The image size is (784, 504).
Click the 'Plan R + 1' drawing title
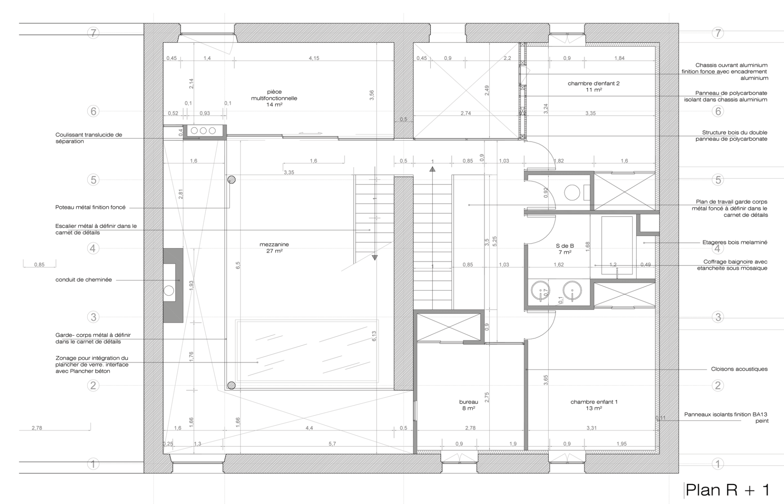pyautogui.click(x=727, y=490)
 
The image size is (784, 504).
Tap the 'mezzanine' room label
pyautogui.click(x=274, y=245)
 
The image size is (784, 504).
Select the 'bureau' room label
pyautogui.click(x=468, y=402)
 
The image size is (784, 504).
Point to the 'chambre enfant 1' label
pyautogui.click(x=594, y=402)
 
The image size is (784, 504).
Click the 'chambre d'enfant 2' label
pyautogui.click(x=594, y=83)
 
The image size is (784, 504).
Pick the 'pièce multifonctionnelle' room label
pyautogui.click(x=274, y=95)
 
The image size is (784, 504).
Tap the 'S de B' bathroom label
pyautogui.click(x=565, y=246)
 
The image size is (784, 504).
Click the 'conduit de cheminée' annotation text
pyautogui.click(x=84, y=280)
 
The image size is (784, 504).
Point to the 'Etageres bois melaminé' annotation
pyautogui.click(x=735, y=242)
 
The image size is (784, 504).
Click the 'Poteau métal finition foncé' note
pyautogui.click(x=91, y=207)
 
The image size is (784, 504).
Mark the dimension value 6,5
pyautogui.click(x=238, y=265)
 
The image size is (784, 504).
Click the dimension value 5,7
pyautogui.click(x=332, y=444)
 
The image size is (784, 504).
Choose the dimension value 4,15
pyautogui.click(x=314, y=58)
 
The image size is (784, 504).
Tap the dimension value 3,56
pyautogui.click(x=372, y=95)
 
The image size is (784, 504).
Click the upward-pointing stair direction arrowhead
pyautogui.click(x=432, y=169)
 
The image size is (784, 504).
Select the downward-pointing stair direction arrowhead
pyautogui.click(x=374, y=258)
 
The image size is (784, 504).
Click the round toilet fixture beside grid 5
pyautogui.click(x=572, y=192)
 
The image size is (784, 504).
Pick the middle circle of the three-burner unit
pyautogui.click(x=203, y=131)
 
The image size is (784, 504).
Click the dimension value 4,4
pyautogui.click(x=309, y=428)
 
